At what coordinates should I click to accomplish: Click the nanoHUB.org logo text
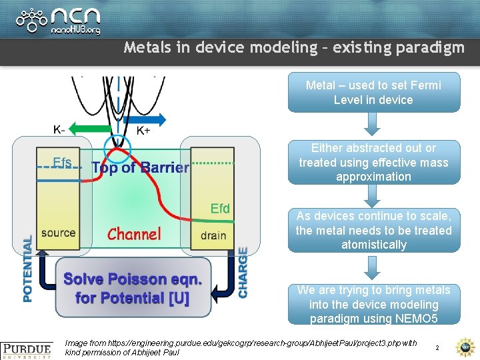(x=75, y=29)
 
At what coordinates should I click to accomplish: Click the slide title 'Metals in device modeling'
(x=293, y=48)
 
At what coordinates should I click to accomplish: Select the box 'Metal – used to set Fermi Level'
(x=373, y=93)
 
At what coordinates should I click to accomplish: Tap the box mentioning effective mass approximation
(x=373, y=162)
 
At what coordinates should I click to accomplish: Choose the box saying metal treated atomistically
(x=373, y=230)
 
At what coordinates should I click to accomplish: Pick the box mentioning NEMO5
(x=373, y=304)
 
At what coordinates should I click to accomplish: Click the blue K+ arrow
(x=146, y=120)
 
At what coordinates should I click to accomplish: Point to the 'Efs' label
(x=62, y=162)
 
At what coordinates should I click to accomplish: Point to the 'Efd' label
(x=220, y=208)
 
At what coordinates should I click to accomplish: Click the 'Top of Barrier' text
(x=140, y=167)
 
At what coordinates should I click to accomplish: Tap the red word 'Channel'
(x=134, y=234)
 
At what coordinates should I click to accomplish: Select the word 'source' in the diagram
(x=58, y=233)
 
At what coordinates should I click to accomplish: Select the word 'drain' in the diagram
(x=213, y=235)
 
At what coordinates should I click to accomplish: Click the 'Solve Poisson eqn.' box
(x=133, y=288)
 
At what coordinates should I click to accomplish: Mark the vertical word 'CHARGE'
(x=243, y=272)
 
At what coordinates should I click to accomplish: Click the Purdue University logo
(x=27, y=349)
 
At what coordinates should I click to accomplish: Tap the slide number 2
(x=437, y=348)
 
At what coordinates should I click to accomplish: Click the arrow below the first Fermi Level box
(x=373, y=124)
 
